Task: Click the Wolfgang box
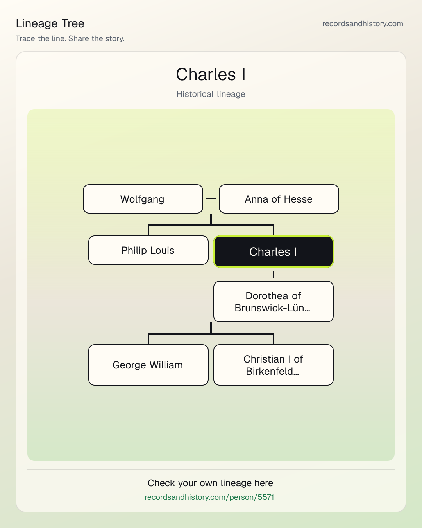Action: click(143, 199)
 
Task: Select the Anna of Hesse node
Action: click(279, 199)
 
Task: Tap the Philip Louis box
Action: click(148, 250)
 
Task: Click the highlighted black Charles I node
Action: click(274, 251)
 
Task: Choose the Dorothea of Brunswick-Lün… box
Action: click(274, 302)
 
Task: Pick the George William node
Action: click(148, 365)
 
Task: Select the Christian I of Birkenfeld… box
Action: click(274, 365)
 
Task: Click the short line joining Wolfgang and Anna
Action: click(211, 199)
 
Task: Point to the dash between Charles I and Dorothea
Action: click(274, 274)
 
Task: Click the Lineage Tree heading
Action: click(50, 23)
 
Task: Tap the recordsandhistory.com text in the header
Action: click(363, 23)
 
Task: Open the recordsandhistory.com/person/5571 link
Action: click(209, 497)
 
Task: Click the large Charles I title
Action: click(211, 74)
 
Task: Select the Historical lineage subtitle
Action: click(211, 94)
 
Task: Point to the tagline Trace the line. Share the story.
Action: click(70, 38)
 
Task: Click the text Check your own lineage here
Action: click(210, 483)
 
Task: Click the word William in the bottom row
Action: click(166, 365)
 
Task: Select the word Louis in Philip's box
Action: click(162, 250)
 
